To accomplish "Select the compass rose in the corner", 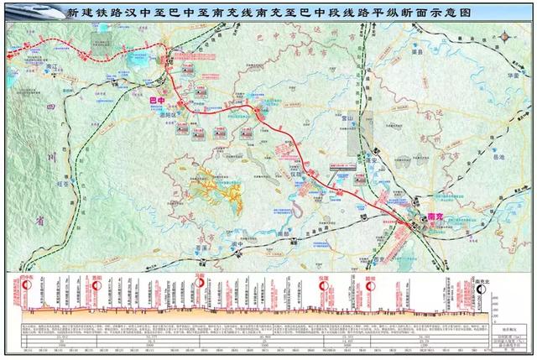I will click(x=506, y=38).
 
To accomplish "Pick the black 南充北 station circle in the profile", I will click(x=482, y=288).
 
